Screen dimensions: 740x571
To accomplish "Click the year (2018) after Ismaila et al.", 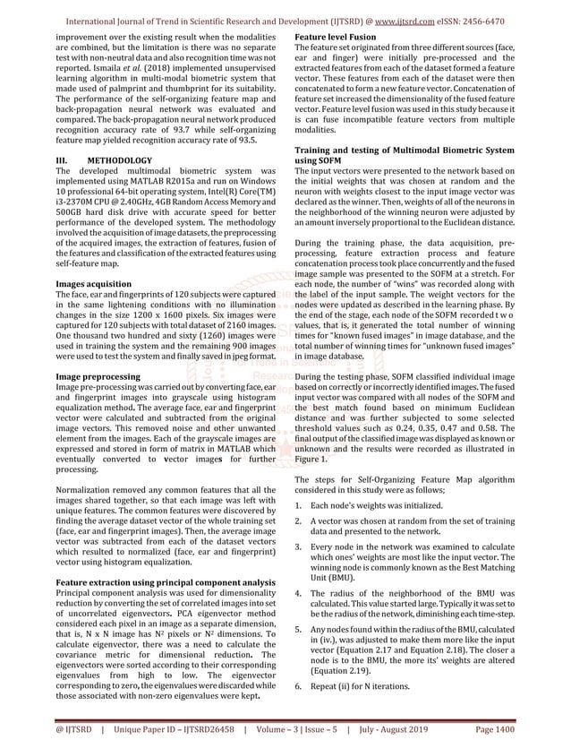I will click(178, 71).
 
